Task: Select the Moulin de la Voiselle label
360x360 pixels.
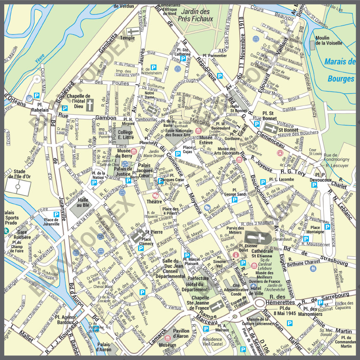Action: click(x=328, y=41)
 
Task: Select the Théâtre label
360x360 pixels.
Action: click(x=154, y=202)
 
